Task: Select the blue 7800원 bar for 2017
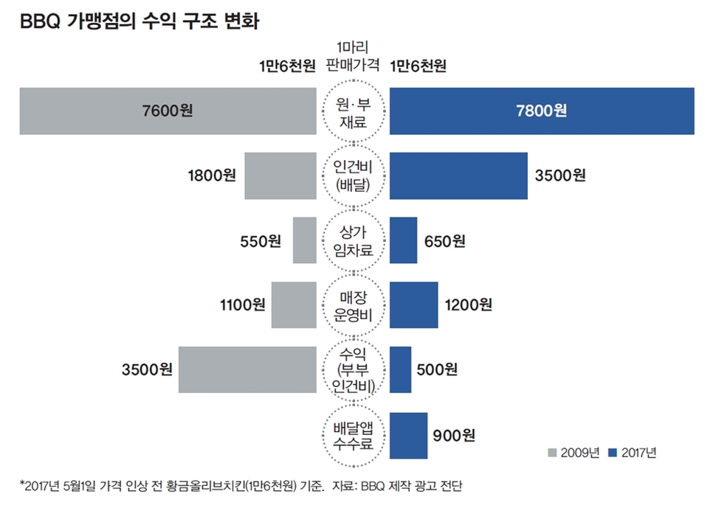tap(542, 111)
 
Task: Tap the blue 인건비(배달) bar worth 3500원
tap(458, 175)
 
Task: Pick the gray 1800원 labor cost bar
tap(280, 175)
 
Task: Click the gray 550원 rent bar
tap(305, 240)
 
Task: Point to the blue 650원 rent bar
tap(403, 240)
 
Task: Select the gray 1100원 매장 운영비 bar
tap(294, 305)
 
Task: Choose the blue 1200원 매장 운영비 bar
tap(413, 305)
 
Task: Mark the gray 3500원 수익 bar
tap(247, 369)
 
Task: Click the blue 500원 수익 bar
tap(400, 369)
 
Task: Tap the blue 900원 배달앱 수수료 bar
tap(408, 434)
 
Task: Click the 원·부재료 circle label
tap(353, 112)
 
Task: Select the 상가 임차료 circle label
tap(353, 240)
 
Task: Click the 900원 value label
tap(453, 435)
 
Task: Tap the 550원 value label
tap(261, 240)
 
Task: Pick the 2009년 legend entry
tap(574, 453)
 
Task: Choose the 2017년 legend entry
tap(633, 453)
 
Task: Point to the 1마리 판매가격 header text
tap(353, 56)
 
